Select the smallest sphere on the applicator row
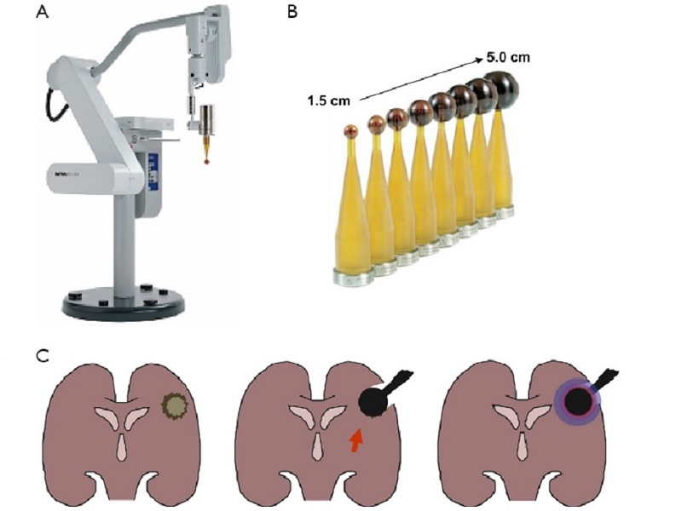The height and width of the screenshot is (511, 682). (x=350, y=131)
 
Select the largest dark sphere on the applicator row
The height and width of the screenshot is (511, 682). (x=500, y=89)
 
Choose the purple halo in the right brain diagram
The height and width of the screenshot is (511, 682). (x=577, y=401)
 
